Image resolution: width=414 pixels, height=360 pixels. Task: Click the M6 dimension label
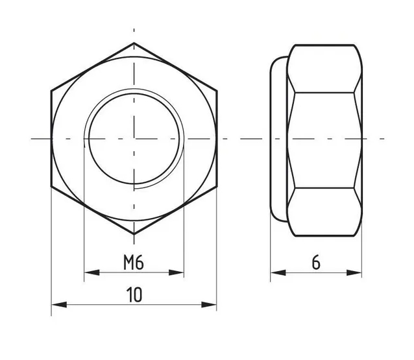(x=134, y=262)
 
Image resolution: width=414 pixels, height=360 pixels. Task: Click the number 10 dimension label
(x=134, y=294)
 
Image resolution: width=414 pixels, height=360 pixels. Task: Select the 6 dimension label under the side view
(x=316, y=262)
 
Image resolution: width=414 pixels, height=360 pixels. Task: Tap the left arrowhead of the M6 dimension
(x=92, y=272)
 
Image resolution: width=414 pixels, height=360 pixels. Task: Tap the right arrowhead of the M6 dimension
(x=176, y=272)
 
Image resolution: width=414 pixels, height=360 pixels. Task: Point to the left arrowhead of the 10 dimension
(x=59, y=305)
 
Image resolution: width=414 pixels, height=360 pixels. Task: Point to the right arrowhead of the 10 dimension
(x=209, y=305)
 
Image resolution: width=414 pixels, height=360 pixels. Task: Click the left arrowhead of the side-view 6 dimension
(x=278, y=272)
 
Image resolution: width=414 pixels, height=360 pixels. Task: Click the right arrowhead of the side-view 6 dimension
(x=354, y=272)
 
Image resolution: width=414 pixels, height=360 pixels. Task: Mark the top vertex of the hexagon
(x=134, y=43)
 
